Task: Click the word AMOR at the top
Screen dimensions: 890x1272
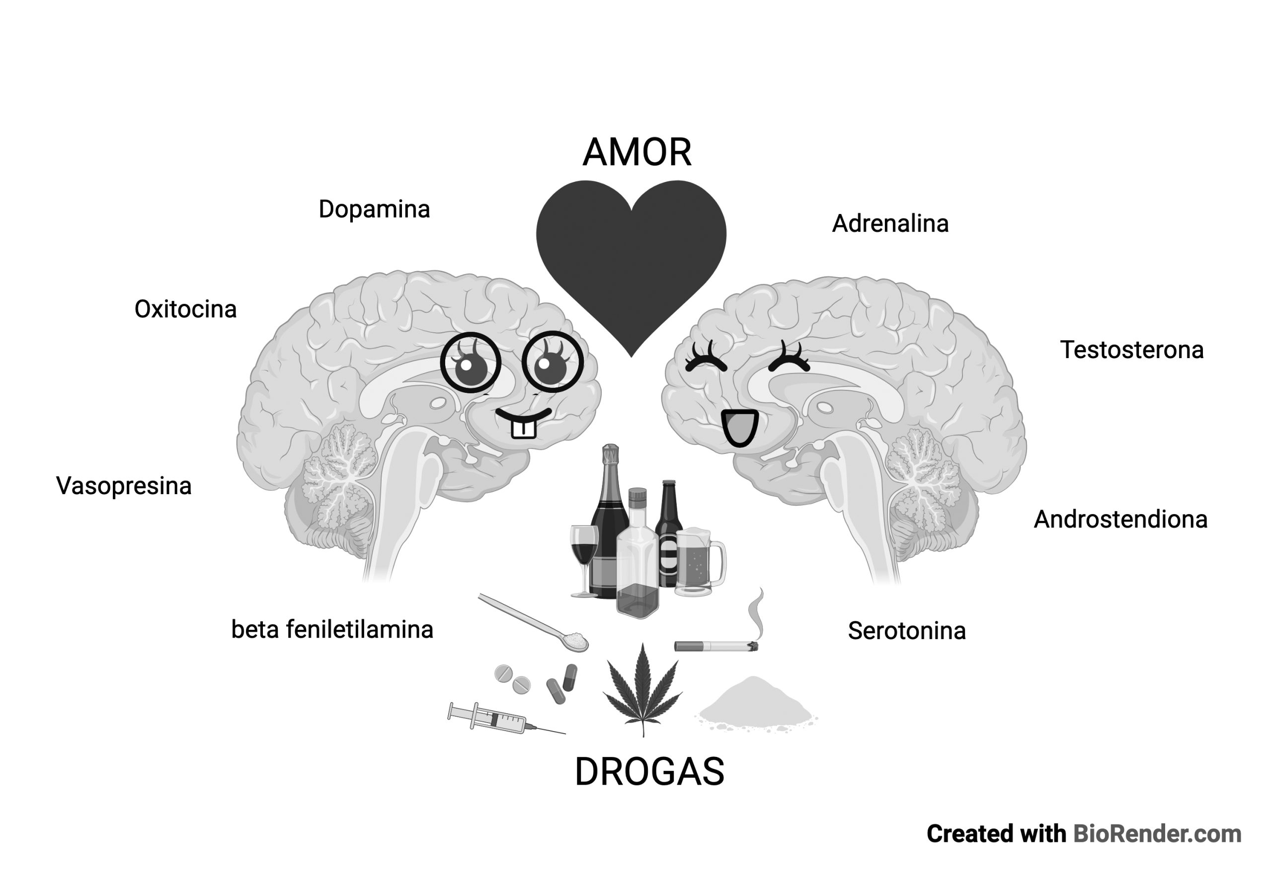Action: pos(636,152)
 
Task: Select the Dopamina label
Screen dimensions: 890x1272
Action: pos(374,210)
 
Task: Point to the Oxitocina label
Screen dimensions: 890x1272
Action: pos(186,309)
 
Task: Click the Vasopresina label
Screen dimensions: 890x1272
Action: pos(124,486)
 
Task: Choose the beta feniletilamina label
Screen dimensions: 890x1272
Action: pos(332,630)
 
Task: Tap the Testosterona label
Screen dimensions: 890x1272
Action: pos(1131,350)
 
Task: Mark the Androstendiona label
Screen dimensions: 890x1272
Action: pos(1120,519)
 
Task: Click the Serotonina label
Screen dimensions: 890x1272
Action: pos(906,631)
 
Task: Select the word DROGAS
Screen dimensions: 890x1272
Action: pos(649,771)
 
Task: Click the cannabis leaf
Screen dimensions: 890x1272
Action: pos(642,692)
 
